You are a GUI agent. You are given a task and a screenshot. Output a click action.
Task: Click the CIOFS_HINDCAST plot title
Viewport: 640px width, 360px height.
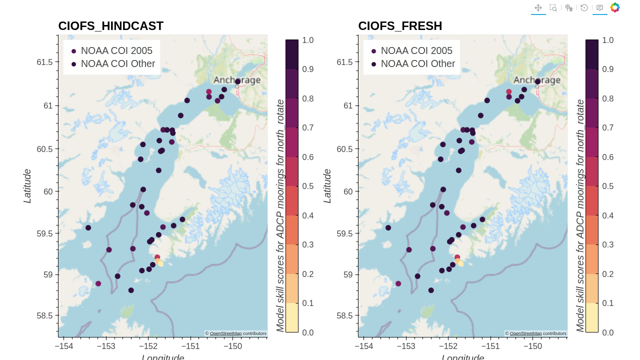coord(110,26)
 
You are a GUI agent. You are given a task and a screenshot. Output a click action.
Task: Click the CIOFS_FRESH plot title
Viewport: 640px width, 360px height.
coord(400,26)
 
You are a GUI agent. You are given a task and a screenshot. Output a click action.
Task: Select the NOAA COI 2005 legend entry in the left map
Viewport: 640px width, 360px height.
coord(116,50)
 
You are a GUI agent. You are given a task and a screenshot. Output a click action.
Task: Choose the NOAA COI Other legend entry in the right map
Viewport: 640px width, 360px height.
coord(417,63)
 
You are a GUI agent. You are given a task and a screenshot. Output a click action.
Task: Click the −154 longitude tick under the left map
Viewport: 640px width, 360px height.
coord(64,346)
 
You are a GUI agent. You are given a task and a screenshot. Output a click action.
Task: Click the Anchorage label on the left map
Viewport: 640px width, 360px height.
coord(237,80)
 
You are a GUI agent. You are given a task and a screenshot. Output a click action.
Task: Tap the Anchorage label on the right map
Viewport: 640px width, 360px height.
coord(537,80)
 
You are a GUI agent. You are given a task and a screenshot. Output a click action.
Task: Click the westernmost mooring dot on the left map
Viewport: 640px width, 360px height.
coord(88,227)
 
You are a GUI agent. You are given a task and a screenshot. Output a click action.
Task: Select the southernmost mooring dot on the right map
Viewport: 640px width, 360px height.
coord(431,290)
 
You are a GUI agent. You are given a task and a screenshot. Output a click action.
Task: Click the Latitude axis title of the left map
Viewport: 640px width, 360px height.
coord(27,186)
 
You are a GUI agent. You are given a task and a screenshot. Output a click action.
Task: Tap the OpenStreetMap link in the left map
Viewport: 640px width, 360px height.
coord(225,333)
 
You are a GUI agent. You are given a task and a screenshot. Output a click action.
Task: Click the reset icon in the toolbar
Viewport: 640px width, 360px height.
coord(584,7)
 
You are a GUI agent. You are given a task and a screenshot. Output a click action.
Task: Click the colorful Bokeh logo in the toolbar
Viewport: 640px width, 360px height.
coord(615,7)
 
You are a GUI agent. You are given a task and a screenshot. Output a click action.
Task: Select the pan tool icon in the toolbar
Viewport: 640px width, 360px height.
coord(538,7)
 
